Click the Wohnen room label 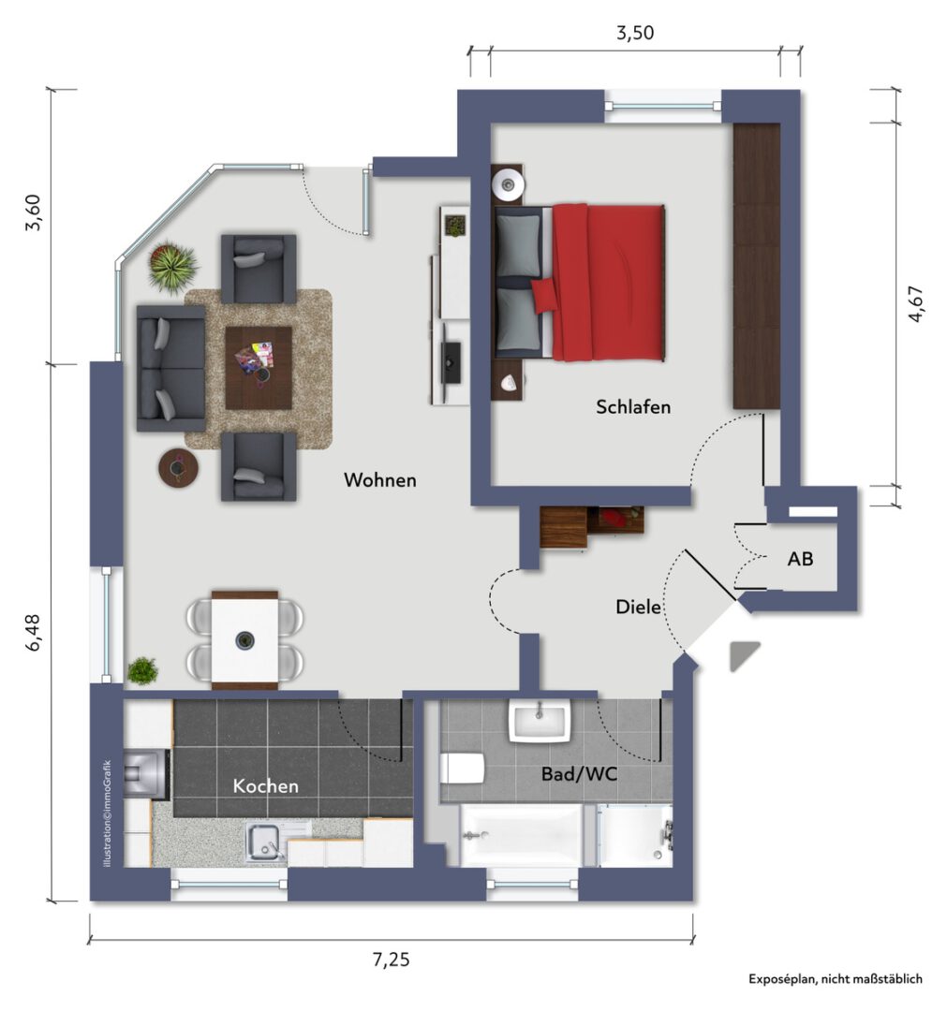[380, 479]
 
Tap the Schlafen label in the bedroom [633, 407]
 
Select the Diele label [638, 607]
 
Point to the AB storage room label [800, 558]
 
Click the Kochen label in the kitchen [265, 786]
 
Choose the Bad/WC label [579, 774]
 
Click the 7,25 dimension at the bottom [391, 960]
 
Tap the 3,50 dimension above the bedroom [635, 33]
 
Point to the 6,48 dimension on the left [33, 632]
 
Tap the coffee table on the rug [258, 368]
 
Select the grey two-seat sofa [171, 368]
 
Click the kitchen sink [264, 842]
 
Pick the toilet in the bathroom [462, 768]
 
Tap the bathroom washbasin [540, 720]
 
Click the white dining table [245, 640]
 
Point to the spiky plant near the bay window [173, 266]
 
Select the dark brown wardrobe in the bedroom [757, 266]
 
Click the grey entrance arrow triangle [742, 654]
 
